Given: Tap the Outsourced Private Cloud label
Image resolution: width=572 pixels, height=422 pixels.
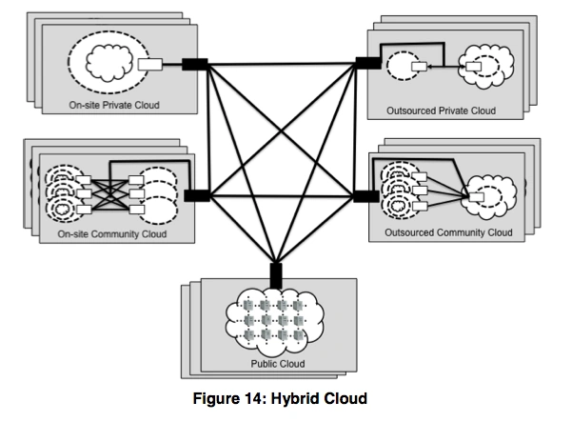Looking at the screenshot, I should [x=441, y=111].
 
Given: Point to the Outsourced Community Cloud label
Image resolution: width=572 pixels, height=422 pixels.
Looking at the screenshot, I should [x=448, y=231].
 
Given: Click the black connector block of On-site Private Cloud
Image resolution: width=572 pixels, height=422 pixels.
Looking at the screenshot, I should [x=195, y=65].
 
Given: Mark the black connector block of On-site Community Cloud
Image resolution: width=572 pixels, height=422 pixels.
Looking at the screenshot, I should [x=197, y=195].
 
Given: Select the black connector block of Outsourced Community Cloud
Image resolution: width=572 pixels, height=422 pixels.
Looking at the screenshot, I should [x=366, y=196].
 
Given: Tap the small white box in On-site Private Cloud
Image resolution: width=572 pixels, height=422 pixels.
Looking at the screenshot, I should [x=149, y=66].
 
